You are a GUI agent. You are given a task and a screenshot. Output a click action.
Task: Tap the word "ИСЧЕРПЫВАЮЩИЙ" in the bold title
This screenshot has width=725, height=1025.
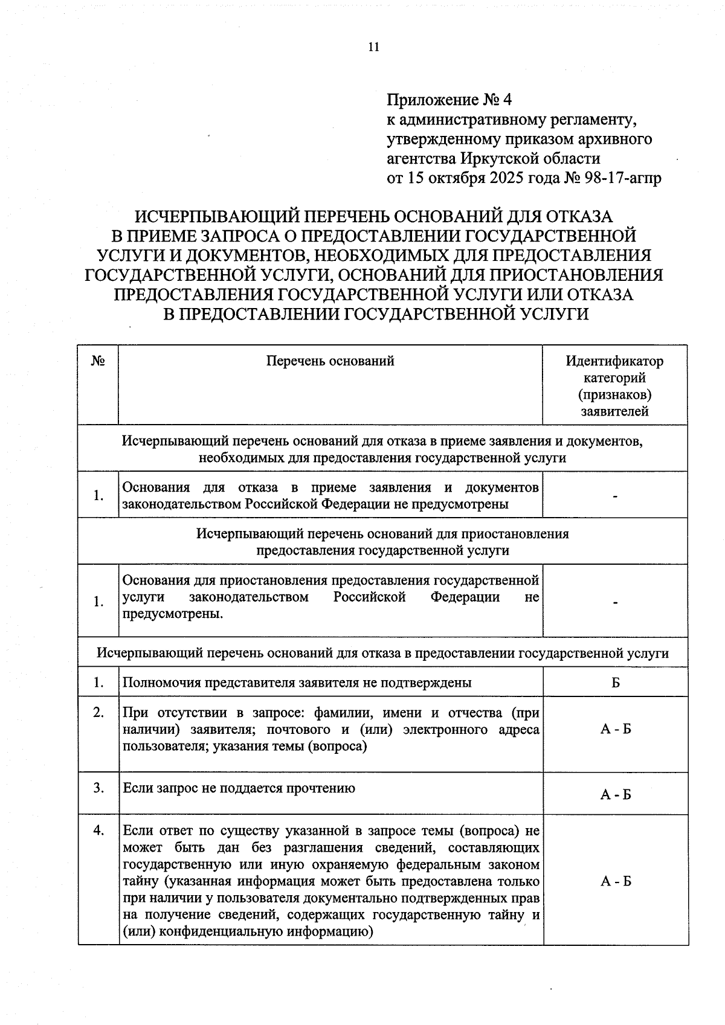click(x=215, y=216)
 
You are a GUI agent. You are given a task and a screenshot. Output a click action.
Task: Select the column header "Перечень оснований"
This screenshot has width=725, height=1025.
click(x=330, y=361)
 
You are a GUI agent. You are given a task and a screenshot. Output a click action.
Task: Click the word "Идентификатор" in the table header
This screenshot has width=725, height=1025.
click(x=614, y=361)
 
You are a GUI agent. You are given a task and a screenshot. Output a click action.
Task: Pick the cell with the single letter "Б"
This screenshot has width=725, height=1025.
click(x=615, y=683)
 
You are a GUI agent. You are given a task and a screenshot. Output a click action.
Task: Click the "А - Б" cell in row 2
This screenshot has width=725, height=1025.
click(x=615, y=729)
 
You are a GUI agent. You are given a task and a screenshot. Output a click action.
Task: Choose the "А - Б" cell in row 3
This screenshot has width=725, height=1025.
click(x=615, y=795)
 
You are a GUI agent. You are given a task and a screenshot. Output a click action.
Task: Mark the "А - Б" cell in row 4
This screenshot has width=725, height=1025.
click(x=615, y=881)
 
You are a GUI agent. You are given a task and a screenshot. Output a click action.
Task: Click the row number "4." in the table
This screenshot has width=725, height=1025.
click(x=98, y=831)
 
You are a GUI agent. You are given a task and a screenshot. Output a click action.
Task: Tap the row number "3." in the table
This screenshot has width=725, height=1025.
click(x=98, y=788)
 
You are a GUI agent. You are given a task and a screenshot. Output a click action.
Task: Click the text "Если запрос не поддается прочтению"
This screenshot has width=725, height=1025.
click(x=239, y=788)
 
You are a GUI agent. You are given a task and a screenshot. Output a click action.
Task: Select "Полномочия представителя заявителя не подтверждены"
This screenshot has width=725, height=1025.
click(x=297, y=683)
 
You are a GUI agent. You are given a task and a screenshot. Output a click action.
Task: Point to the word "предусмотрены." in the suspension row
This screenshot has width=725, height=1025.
click(x=172, y=614)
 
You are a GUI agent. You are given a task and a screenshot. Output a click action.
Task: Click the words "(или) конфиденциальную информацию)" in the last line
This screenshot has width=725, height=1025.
click(x=248, y=931)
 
